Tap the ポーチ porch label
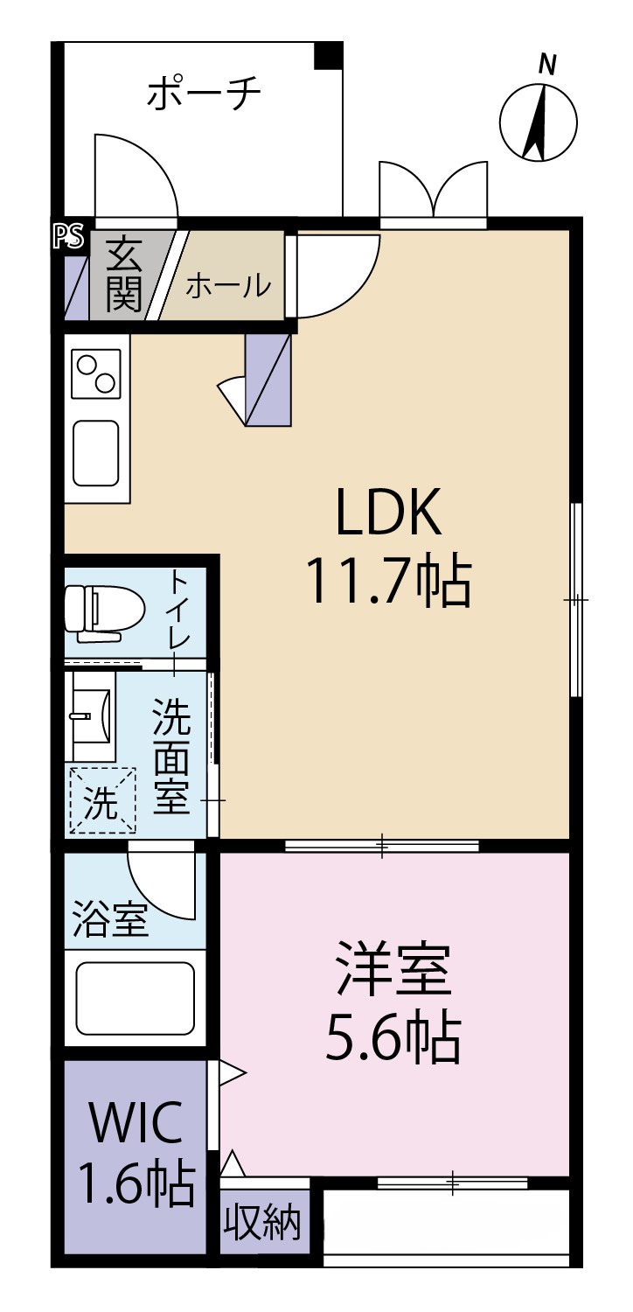(x=204, y=94)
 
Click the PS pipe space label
(x=69, y=237)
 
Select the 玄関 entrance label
(x=123, y=274)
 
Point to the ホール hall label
(x=228, y=286)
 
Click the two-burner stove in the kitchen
(x=96, y=373)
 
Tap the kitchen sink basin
(x=95, y=453)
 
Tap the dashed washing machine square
(x=102, y=800)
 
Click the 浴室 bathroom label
(x=109, y=920)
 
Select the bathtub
(x=136, y=999)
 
